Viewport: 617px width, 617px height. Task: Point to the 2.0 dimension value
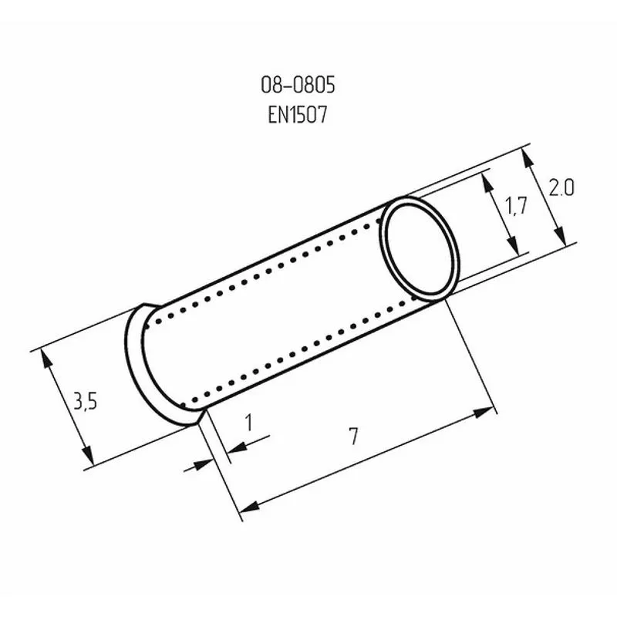[x=561, y=187]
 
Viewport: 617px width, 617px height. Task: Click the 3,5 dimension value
[x=85, y=401]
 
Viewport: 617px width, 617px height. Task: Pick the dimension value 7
[x=354, y=437]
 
